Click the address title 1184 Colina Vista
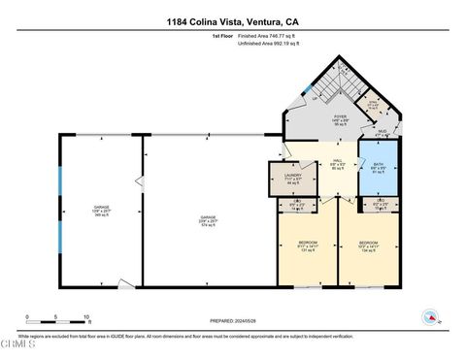tap(233, 20)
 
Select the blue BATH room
tap(379, 168)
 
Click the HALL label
tap(338, 166)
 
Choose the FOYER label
tap(314, 121)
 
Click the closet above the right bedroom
tap(380, 206)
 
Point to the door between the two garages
tap(142, 182)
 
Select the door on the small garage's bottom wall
tap(122, 286)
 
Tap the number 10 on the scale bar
tap(88, 317)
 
